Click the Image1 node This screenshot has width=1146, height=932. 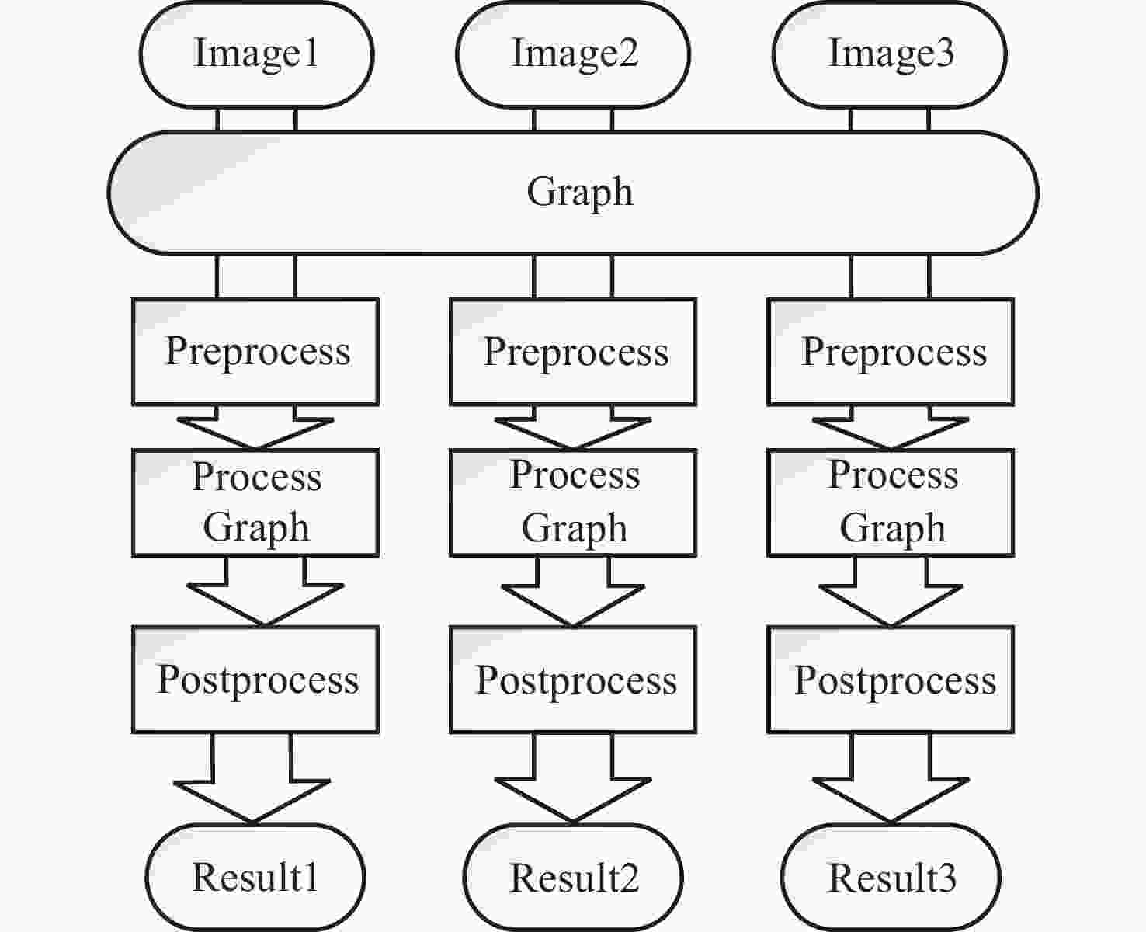point(256,54)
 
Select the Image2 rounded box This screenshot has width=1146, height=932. point(573,54)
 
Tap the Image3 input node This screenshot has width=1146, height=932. point(890,54)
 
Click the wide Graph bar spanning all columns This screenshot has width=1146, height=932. point(573,193)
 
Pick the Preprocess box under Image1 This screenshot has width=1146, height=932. point(255,352)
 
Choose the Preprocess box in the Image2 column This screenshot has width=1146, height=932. point(573,352)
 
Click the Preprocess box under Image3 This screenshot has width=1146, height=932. point(891,352)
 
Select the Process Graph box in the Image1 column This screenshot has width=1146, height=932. point(255,503)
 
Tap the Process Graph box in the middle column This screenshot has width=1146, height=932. point(573,503)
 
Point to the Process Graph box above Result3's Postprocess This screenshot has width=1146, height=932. point(891,503)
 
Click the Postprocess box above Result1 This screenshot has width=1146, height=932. point(255,680)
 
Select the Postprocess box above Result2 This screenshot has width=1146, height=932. point(573,680)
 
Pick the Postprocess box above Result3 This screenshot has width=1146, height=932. point(891,680)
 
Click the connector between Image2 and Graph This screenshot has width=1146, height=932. point(573,120)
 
